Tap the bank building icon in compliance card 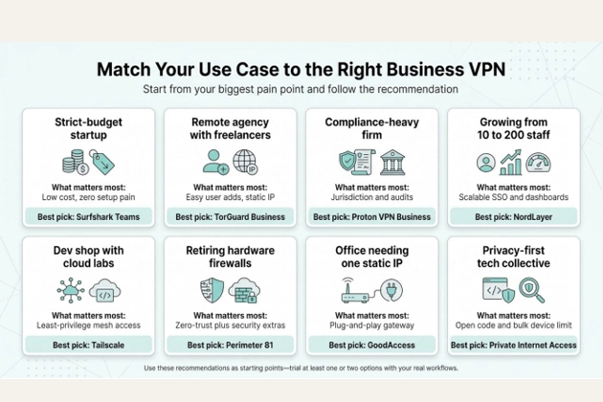pos(392,162)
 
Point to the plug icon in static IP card pos(392,290)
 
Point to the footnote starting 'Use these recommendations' pos(301,368)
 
